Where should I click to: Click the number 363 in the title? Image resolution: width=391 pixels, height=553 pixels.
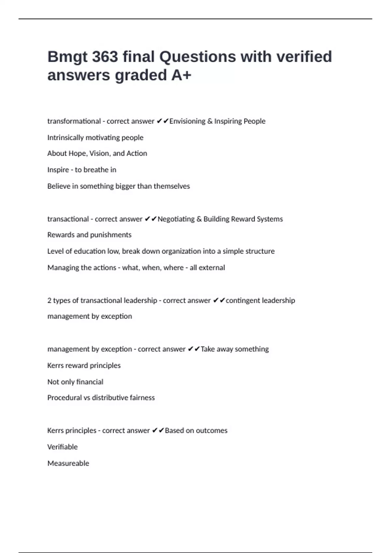tap(105, 57)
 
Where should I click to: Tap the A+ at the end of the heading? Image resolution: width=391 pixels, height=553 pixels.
tap(181, 75)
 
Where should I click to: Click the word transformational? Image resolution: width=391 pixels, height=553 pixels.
tap(74, 121)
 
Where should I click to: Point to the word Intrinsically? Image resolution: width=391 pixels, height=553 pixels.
tap(65, 138)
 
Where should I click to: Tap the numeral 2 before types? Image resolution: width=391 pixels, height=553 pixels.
tap(49, 300)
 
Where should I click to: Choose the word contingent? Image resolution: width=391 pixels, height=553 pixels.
tap(243, 300)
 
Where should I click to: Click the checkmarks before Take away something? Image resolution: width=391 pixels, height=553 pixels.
tap(194, 349)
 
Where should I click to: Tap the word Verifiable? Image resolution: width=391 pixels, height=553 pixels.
tap(63, 447)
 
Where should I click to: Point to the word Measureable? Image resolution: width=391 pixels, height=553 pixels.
tap(68, 463)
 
